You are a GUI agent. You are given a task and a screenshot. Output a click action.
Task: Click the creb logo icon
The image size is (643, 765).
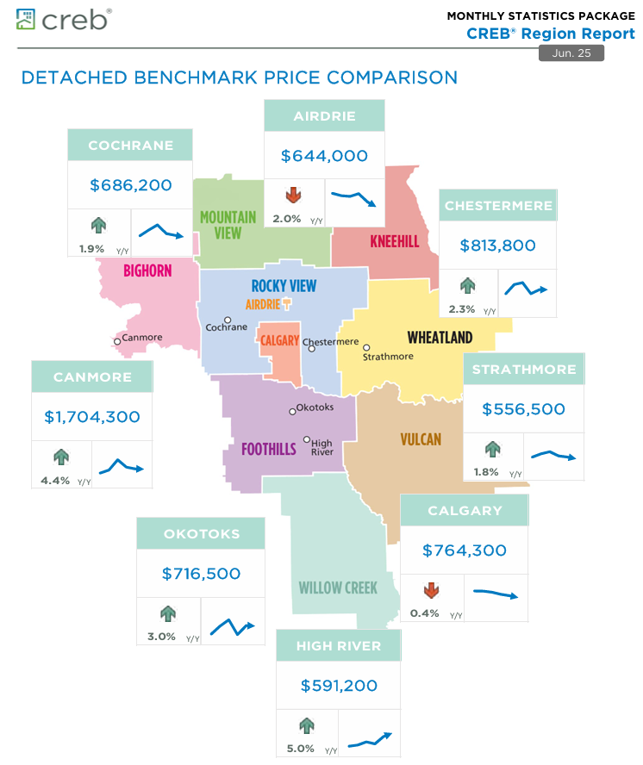(27, 18)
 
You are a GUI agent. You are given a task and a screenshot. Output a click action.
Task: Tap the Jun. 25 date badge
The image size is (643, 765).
(571, 53)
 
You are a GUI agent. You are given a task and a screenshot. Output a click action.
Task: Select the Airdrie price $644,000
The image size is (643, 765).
(324, 156)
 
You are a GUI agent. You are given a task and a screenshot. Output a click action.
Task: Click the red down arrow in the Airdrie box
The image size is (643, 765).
(293, 193)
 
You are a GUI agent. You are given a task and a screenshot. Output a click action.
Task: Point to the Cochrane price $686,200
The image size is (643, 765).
(130, 184)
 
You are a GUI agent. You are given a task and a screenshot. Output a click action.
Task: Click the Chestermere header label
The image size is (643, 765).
(497, 206)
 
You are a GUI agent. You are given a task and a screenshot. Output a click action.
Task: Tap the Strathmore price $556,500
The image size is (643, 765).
(523, 409)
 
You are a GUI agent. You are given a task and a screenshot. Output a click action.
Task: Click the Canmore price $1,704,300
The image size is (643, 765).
(92, 417)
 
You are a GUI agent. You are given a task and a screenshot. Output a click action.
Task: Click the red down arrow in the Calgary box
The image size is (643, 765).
(431, 591)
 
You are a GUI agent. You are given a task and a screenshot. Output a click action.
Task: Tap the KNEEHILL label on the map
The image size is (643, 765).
(394, 241)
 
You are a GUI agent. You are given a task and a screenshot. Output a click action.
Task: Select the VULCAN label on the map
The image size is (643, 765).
(421, 439)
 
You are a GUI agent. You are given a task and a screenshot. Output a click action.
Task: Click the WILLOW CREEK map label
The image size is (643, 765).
(338, 588)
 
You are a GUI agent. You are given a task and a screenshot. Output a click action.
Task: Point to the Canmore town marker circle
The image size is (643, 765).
(117, 341)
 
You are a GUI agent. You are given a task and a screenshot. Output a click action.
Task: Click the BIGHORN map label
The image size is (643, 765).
(147, 271)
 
